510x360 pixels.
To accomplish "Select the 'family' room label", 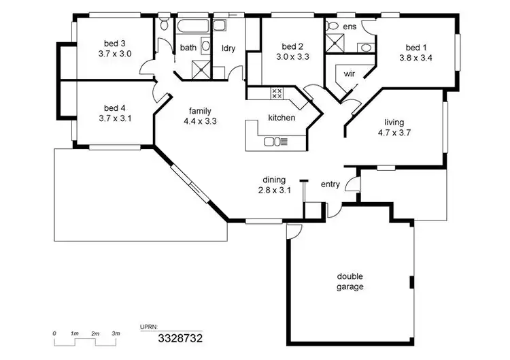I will tap(200, 111).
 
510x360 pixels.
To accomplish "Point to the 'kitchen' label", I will tap(282, 118).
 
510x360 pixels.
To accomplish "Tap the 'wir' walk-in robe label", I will tap(349, 73).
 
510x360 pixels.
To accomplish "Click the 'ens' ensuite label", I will tap(350, 27).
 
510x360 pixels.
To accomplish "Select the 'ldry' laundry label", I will tap(228, 48).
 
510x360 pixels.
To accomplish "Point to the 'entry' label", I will tap(330, 184).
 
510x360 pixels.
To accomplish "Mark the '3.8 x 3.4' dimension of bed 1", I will tap(415, 58).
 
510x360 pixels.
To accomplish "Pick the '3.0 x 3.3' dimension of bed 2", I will tap(293, 57).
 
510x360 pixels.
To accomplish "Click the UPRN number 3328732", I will tap(180, 338).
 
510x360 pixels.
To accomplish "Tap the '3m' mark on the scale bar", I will tap(116, 333).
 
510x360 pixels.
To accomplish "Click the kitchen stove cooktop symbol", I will tap(277, 93).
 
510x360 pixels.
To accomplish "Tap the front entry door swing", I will tap(352, 184).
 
